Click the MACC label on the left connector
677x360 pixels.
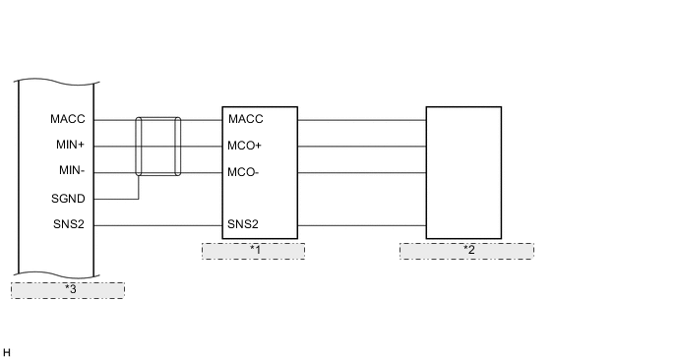click(x=68, y=120)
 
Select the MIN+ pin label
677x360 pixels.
click(x=69, y=146)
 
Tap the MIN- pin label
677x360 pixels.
click(x=70, y=172)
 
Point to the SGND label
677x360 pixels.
click(x=68, y=199)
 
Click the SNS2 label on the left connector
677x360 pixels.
click(x=69, y=225)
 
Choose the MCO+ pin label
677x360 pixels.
click(x=244, y=147)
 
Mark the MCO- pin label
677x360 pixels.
click(x=243, y=173)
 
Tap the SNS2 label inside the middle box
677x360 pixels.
click(x=243, y=225)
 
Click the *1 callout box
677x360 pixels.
click(x=253, y=250)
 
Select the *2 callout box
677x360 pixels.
click(x=466, y=250)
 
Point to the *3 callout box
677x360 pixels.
click(x=68, y=289)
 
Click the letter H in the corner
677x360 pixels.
click(x=7, y=352)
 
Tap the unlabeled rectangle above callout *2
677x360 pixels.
click(x=463, y=172)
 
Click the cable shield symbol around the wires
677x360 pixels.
click(x=158, y=146)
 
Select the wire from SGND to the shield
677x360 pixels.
click(x=118, y=199)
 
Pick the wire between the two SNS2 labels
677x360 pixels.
click(x=157, y=225)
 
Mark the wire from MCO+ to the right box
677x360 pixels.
click(x=361, y=147)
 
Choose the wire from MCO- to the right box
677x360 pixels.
click(x=361, y=173)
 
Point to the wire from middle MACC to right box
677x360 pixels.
click(x=361, y=120)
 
